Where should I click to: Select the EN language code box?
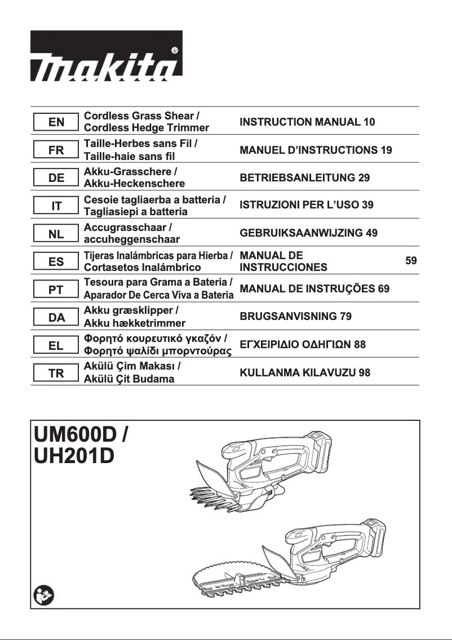pyautogui.click(x=56, y=122)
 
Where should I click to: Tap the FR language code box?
pyautogui.click(x=56, y=150)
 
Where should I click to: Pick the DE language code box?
pyautogui.click(x=56, y=178)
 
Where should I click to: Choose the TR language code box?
pyautogui.click(x=56, y=373)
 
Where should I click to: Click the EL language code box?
pyautogui.click(x=56, y=345)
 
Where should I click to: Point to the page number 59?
pyautogui.click(x=411, y=261)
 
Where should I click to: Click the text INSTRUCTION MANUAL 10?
pyautogui.click(x=307, y=122)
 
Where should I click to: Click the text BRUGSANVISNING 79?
pyautogui.click(x=295, y=317)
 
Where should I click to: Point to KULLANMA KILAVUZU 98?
pyautogui.click(x=305, y=372)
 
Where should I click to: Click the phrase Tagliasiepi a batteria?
pyautogui.click(x=135, y=212)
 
